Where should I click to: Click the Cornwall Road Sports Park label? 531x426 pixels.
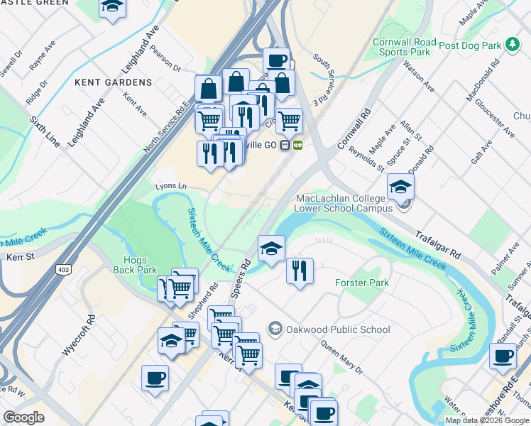[x=401, y=47]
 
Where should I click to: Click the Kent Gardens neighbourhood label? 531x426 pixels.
[x=113, y=82]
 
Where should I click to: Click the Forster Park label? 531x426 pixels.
[x=362, y=283]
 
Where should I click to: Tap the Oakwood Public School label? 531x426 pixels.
[x=337, y=329]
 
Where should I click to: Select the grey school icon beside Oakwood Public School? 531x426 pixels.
[x=275, y=328]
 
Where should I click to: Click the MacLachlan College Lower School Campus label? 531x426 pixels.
[x=344, y=203]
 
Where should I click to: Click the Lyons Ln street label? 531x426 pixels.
[x=171, y=186]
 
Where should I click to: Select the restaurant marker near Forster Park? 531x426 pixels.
[x=300, y=271]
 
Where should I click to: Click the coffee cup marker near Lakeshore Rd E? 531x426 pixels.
[x=503, y=356]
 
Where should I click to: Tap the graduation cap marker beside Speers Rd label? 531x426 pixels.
[x=271, y=248]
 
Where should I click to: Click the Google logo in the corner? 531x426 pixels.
[x=24, y=417]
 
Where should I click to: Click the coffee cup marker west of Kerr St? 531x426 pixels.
[x=155, y=378]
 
